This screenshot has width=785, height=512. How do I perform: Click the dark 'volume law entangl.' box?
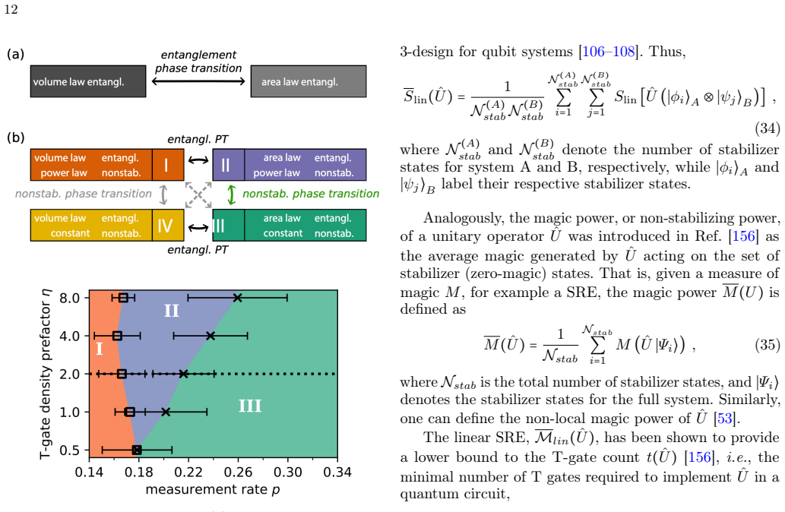88,81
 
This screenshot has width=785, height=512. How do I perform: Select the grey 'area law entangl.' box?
309,81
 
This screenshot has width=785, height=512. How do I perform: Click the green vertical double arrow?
231,194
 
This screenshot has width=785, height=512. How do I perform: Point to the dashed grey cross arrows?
198,194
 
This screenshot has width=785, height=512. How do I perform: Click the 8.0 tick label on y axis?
70,298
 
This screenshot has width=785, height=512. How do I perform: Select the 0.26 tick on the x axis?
238,472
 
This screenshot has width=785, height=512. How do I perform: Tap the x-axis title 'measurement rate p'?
213,489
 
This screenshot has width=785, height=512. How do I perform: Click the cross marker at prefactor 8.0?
238,298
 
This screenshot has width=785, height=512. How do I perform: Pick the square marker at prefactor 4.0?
117,336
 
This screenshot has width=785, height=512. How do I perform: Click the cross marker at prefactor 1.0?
166,412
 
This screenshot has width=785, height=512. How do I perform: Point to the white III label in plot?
250,406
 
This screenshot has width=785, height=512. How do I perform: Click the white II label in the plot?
172,311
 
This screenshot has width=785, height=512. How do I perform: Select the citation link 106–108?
608,52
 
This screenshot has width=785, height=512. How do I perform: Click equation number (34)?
768,128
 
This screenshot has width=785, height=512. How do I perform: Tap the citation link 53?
724,419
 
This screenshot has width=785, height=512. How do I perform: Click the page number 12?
11,10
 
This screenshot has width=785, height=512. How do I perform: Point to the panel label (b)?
15,137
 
